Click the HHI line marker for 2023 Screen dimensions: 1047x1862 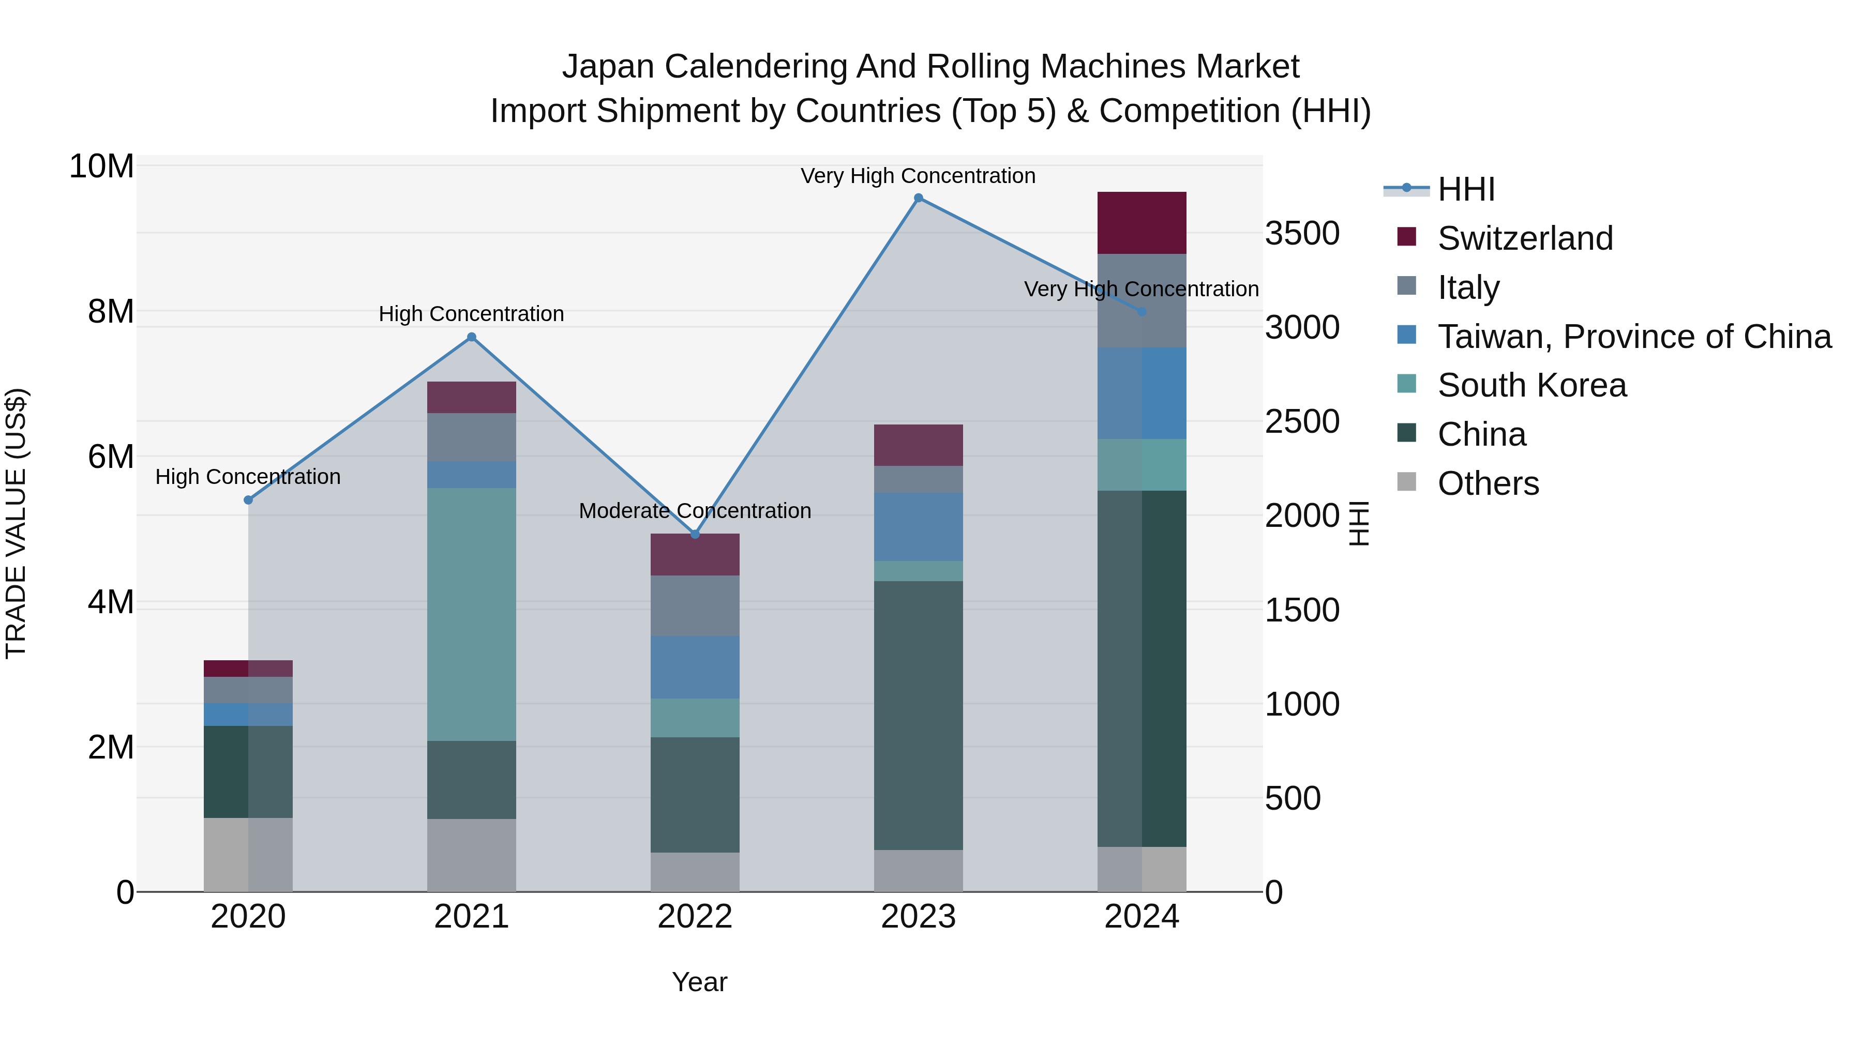pos(918,198)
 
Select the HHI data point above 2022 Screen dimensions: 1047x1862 pos(695,534)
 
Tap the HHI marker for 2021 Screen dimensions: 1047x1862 pos(471,337)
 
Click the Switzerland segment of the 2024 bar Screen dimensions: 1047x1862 pos(1142,222)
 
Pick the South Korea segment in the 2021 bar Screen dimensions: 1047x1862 pos(471,614)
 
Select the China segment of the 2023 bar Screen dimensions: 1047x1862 pos(918,716)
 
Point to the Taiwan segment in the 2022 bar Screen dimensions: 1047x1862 pos(695,667)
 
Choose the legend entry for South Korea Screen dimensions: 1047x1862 pos(1531,385)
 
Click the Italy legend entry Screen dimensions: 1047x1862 pos(1467,287)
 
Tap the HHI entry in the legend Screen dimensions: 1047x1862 pos(1465,189)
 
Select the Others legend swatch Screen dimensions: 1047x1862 pos(1407,481)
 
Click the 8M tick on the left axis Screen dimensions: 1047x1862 pos(111,311)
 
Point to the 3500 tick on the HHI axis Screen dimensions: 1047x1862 pos(1302,233)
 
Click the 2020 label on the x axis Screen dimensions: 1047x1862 pos(248,917)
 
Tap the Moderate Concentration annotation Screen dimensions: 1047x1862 pos(695,511)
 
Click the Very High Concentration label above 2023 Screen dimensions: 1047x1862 pos(918,176)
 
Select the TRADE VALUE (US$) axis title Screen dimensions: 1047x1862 pos(16,523)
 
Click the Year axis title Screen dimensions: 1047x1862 pos(699,982)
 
